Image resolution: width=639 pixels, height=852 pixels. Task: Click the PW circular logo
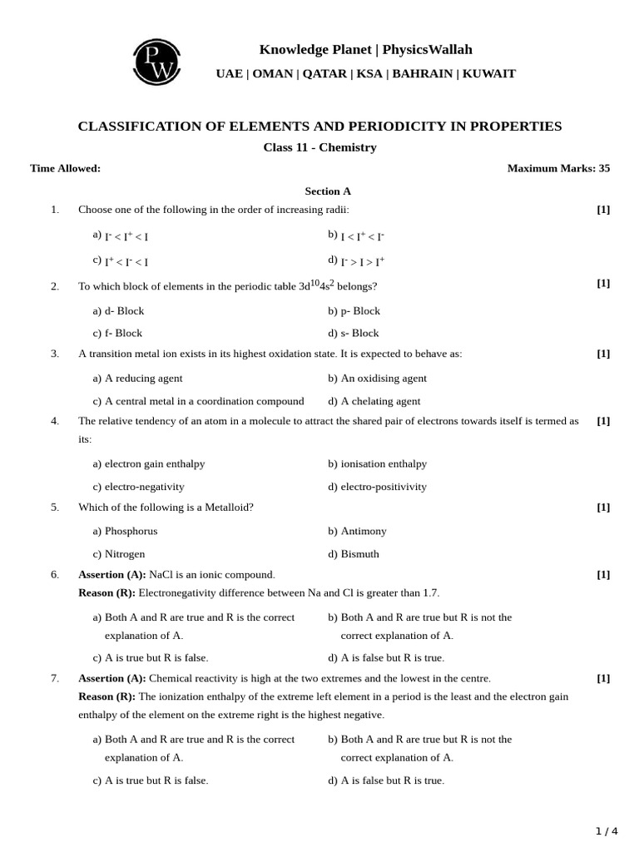click(x=156, y=62)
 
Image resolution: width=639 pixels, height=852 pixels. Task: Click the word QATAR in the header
click(x=324, y=73)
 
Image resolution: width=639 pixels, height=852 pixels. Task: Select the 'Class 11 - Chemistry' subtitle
click(x=319, y=147)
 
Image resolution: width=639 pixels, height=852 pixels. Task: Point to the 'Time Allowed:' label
click(x=65, y=168)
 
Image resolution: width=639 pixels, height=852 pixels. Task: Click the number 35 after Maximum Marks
click(x=604, y=168)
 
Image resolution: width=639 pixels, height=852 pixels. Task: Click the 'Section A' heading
click(x=327, y=191)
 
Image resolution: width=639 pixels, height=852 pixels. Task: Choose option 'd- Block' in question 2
click(x=124, y=310)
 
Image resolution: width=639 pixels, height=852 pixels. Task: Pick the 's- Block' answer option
click(x=359, y=333)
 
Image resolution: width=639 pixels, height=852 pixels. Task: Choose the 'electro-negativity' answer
click(x=144, y=487)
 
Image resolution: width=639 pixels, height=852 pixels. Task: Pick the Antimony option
click(x=364, y=531)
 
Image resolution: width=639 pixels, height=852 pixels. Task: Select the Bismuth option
click(x=359, y=554)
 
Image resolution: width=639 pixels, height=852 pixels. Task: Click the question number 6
click(x=55, y=574)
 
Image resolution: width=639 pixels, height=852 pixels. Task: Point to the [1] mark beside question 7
click(x=603, y=678)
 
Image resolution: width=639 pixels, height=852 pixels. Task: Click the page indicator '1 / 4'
click(x=607, y=830)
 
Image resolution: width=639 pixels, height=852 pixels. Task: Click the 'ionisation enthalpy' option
click(x=384, y=463)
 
